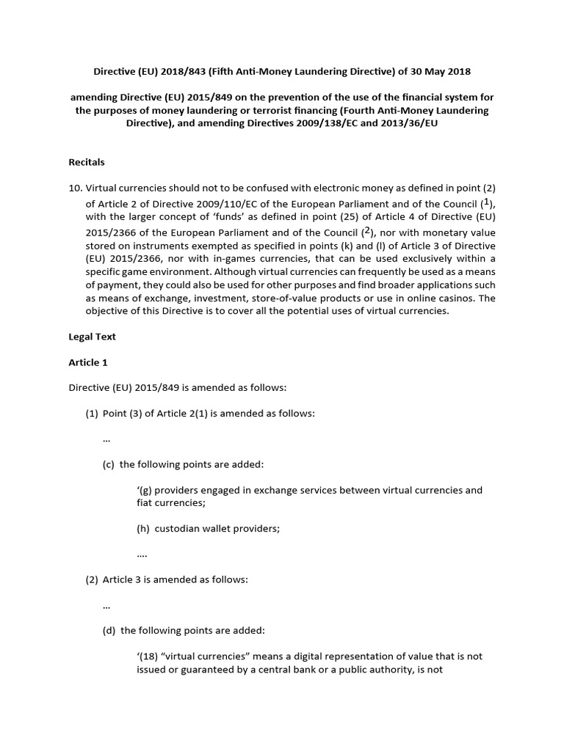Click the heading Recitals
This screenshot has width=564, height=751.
[87, 161]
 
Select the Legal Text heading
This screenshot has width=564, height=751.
[92, 337]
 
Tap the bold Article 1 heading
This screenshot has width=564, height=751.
[88, 362]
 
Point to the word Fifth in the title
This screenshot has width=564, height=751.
[220, 71]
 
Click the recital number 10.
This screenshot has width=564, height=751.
[75, 187]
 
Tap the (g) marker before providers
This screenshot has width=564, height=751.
[144, 490]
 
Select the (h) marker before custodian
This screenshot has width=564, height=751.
[144, 528]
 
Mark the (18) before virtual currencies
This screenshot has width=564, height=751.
[151, 656]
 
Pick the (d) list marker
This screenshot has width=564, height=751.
[110, 630]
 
